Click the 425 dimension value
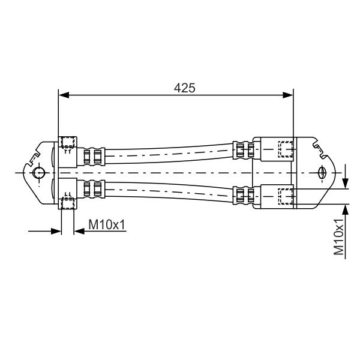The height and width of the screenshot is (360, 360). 184,88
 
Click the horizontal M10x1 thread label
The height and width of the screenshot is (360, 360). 107,224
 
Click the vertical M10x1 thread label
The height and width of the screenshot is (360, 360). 338,237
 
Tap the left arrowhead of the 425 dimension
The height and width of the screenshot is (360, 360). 64,95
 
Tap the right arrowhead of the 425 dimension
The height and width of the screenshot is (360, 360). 288,95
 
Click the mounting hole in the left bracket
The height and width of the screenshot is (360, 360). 38,173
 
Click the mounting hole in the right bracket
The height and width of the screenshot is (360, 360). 322,173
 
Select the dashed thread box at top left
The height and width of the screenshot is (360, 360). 68,142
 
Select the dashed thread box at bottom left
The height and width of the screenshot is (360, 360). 68,203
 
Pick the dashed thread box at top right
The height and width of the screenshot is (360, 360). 286,149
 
